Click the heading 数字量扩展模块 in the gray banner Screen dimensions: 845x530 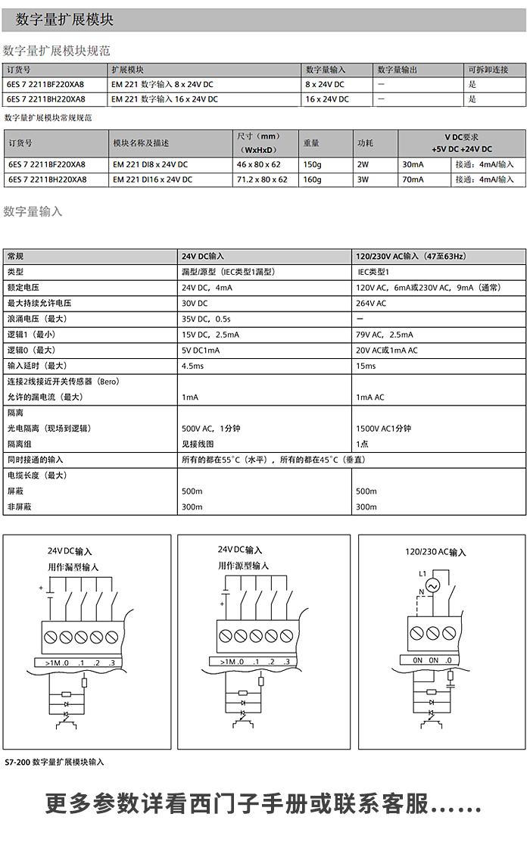coord(64,20)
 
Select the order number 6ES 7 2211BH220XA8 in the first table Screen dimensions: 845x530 coord(45,99)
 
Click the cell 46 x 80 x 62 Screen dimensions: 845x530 coord(258,164)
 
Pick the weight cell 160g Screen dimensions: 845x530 coord(312,179)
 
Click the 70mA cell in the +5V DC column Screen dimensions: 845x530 coord(413,179)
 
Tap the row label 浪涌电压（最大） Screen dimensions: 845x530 coord(37,319)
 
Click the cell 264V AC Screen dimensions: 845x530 coord(371,303)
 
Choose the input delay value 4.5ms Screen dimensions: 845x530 coord(192,366)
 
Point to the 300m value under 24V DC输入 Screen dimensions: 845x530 coord(192,507)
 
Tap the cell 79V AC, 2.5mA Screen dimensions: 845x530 coord(385,335)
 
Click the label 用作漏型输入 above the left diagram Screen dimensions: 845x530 coord(73,566)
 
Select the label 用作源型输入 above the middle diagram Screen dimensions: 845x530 coord(243,566)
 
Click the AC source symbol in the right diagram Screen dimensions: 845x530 coord(433,585)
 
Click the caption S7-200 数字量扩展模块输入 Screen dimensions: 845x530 coord(55,762)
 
